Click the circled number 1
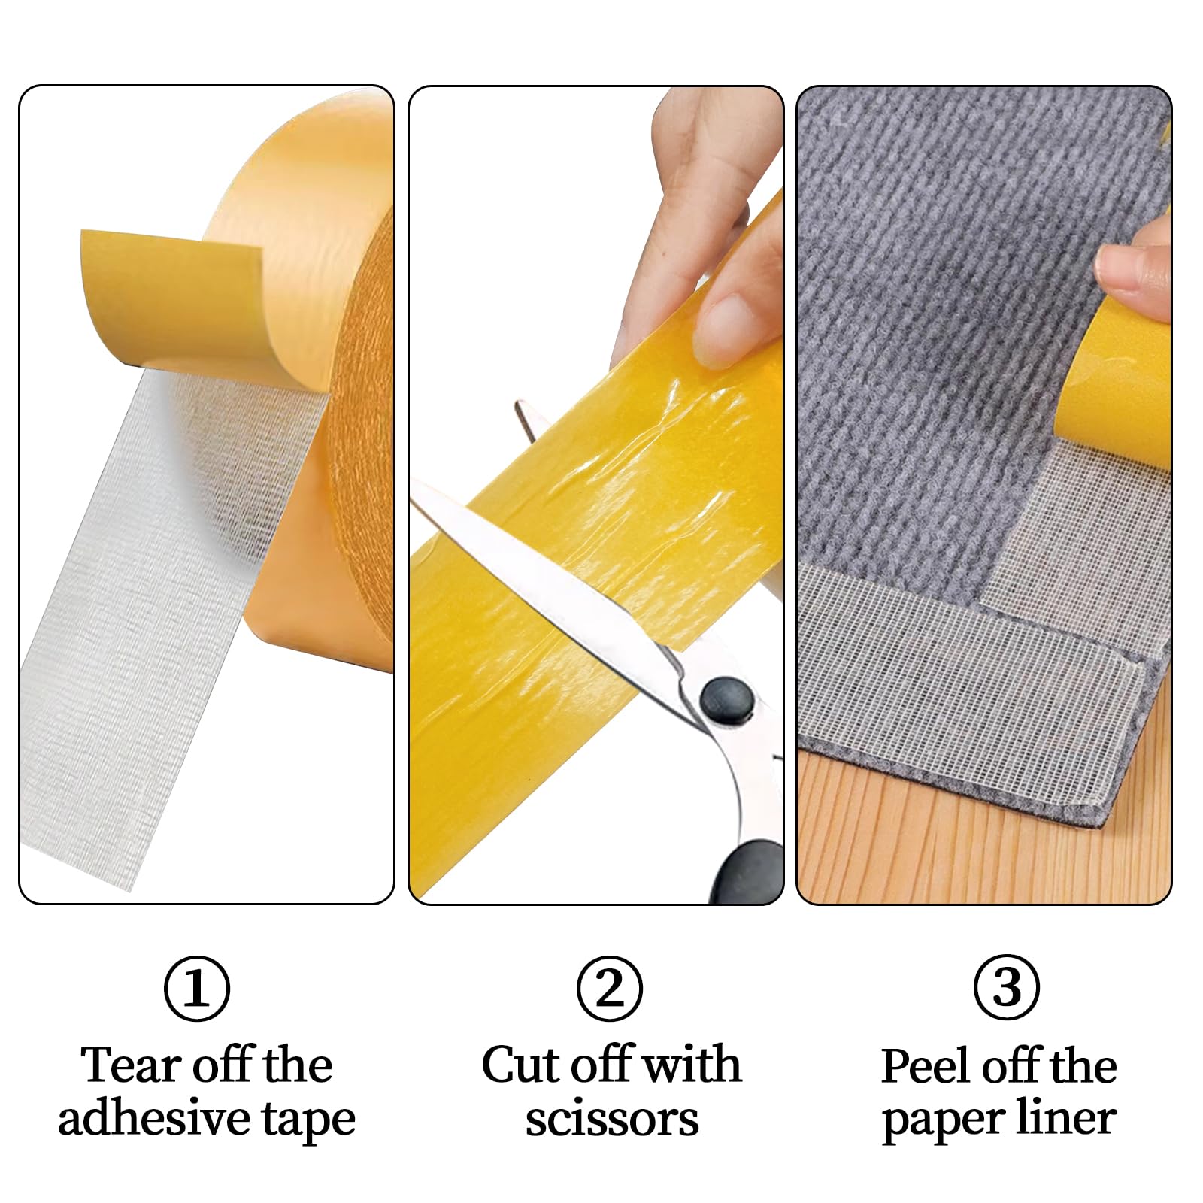[197, 988]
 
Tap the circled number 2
[610, 988]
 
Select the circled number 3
[1007, 988]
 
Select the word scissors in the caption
[612, 1120]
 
